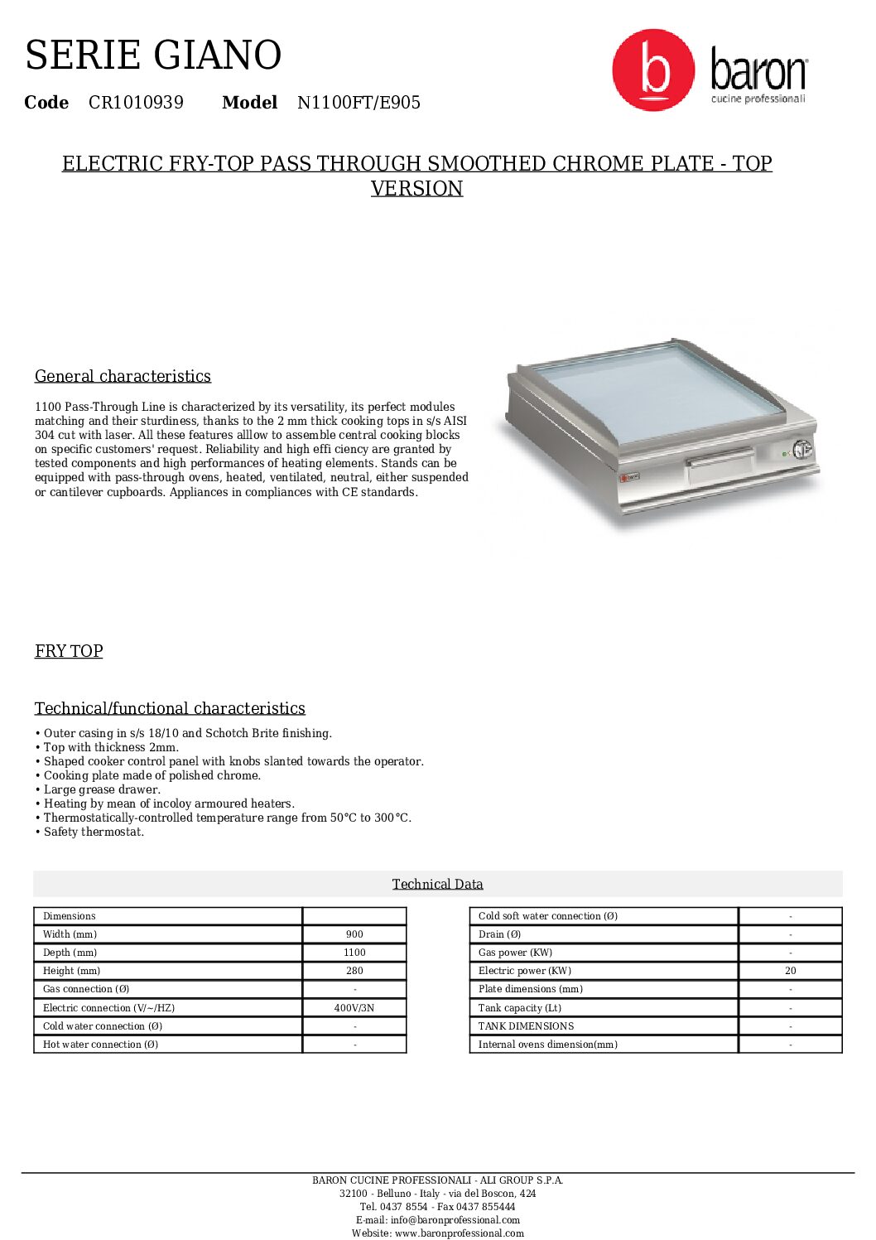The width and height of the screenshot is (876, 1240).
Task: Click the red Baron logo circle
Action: tap(653, 70)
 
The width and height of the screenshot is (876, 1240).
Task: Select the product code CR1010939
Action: tap(136, 103)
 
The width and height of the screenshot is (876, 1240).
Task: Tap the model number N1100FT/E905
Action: tap(359, 103)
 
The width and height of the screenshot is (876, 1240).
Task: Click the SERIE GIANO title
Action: tap(153, 55)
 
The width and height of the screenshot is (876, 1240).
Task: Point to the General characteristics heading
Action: tap(123, 376)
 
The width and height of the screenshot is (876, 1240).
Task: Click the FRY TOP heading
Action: tap(69, 651)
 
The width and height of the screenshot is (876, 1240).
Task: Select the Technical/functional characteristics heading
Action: tap(170, 708)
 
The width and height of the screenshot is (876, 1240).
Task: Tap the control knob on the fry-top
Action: tap(801, 450)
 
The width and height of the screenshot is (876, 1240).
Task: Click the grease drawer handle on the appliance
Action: tap(720, 456)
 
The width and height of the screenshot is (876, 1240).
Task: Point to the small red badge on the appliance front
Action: tap(629, 476)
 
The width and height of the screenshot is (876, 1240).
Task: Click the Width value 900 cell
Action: tap(354, 934)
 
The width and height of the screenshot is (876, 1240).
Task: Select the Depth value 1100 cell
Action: tap(354, 953)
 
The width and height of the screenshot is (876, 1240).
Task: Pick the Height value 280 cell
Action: tap(354, 971)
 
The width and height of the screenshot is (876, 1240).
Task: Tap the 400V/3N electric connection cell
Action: tap(354, 1008)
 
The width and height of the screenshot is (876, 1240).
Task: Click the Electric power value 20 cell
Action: tap(790, 971)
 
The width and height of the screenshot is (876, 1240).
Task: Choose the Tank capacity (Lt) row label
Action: tap(520, 1008)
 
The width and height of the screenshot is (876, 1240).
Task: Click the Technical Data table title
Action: tap(437, 884)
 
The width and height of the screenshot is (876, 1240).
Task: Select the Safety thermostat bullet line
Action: tap(94, 832)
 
